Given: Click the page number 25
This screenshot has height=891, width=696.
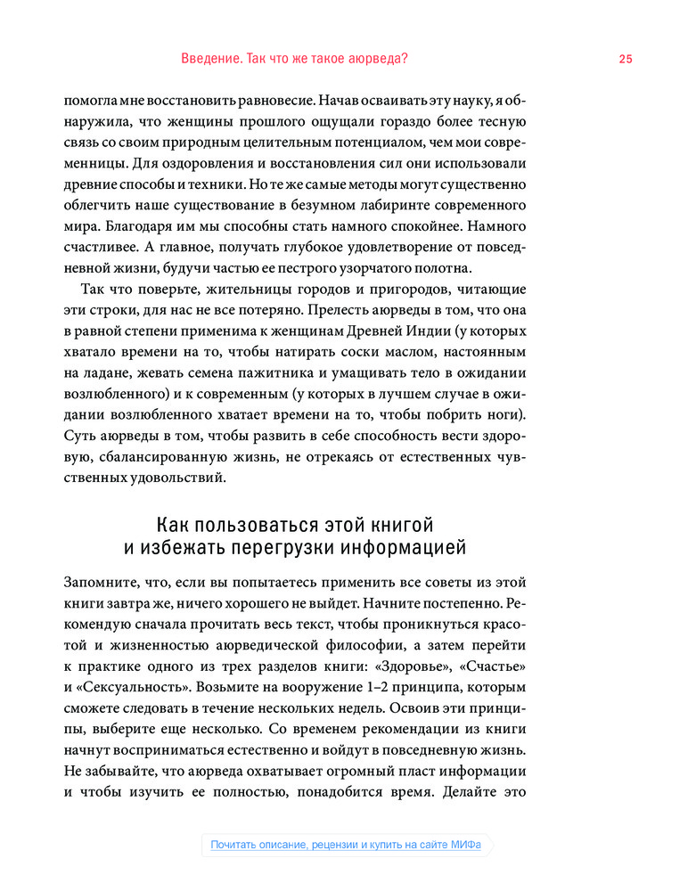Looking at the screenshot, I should tap(625, 59).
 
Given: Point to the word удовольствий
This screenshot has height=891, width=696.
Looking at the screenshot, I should tap(169, 478).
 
